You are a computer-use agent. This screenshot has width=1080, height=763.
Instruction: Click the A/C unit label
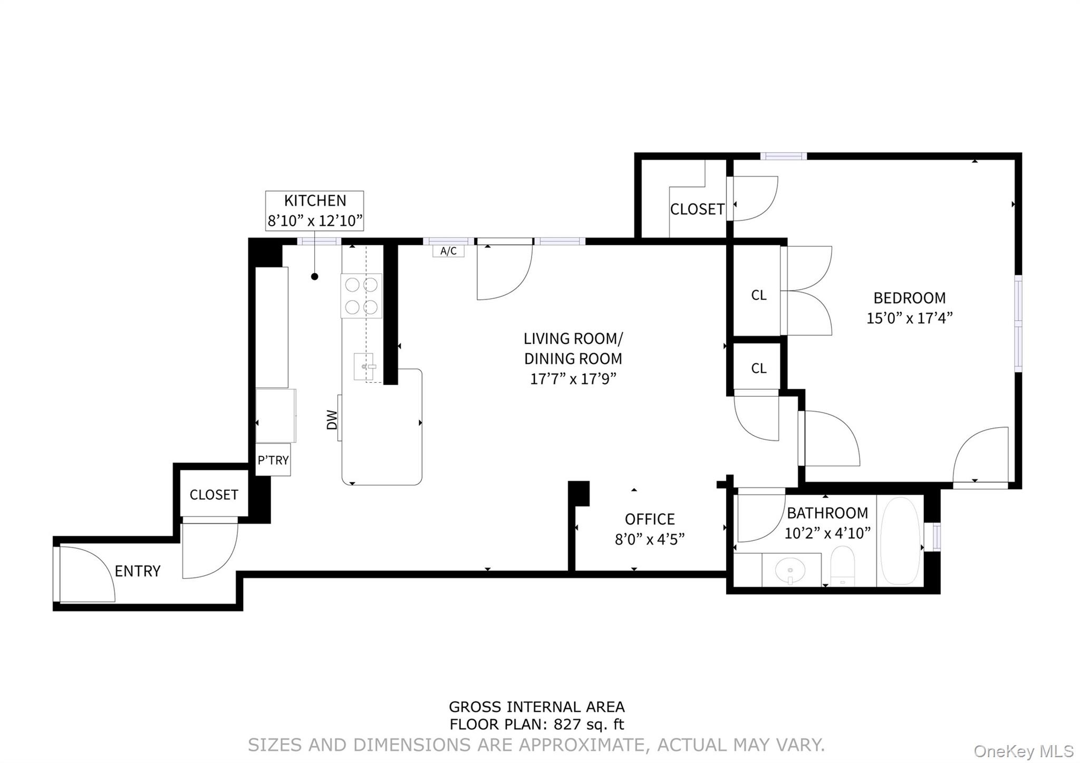point(448,251)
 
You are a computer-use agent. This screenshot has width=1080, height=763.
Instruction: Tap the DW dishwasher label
point(332,420)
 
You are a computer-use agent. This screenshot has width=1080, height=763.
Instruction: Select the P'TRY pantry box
point(273,460)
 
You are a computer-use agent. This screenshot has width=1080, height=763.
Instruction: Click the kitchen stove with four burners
point(361,296)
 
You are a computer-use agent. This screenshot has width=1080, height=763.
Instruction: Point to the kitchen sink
point(364,366)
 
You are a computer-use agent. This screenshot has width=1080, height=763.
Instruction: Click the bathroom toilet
point(842,566)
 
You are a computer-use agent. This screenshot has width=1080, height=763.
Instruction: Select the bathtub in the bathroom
point(900,540)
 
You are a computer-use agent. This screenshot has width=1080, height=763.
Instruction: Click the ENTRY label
point(137,571)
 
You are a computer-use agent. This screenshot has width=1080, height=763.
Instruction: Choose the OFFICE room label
point(650,519)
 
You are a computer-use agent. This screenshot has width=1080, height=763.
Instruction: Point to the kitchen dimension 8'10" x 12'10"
point(315,220)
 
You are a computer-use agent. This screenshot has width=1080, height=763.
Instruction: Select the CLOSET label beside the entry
point(214,495)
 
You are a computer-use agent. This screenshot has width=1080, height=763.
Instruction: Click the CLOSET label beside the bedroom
point(697,209)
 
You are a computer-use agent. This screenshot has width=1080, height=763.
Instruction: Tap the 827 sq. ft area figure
point(588,725)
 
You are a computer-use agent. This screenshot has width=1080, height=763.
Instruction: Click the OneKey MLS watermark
point(1024,751)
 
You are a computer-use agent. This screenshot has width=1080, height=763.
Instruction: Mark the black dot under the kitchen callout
point(315,276)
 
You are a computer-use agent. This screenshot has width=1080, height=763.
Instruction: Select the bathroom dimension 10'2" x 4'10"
point(827,534)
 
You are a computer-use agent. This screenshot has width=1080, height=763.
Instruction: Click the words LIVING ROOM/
point(573,338)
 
